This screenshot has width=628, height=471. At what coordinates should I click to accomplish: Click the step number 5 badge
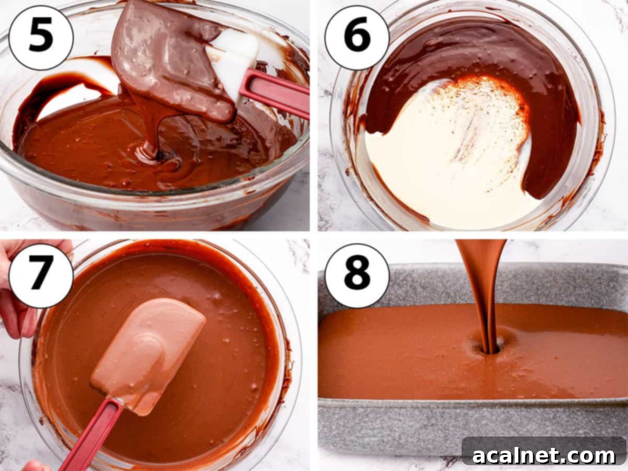coord(41,37)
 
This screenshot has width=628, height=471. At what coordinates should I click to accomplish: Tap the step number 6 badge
coord(357,37)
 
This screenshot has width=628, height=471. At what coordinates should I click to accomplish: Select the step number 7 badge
coord(41,276)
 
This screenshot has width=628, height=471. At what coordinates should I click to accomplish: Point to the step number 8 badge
coord(357,276)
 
